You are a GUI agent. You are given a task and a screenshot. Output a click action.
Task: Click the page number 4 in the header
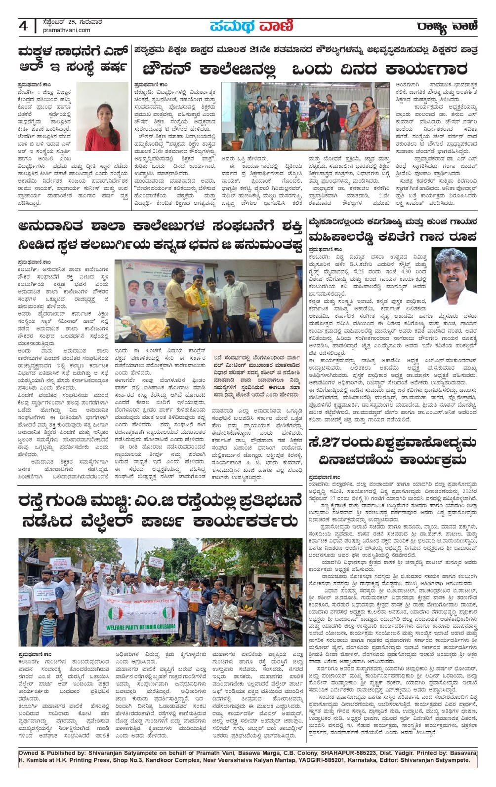pos(23,26)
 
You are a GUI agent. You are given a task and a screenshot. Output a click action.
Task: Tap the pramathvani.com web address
pos(67,30)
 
